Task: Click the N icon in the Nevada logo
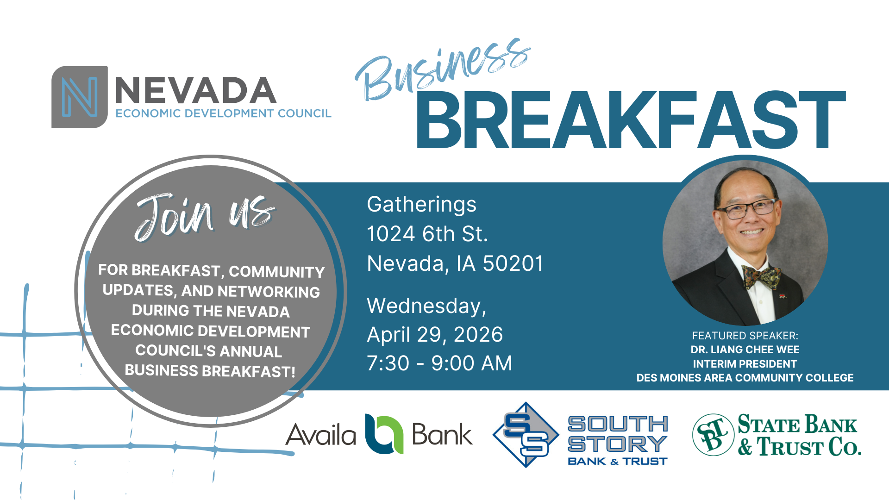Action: click(x=80, y=97)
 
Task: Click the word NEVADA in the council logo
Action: click(x=195, y=91)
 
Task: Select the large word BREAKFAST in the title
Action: click(x=631, y=120)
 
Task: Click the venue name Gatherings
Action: click(x=421, y=205)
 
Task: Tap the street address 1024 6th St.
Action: click(x=427, y=234)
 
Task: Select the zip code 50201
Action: click(x=513, y=263)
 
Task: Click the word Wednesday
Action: click(x=426, y=306)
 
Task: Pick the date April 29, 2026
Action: click(x=435, y=335)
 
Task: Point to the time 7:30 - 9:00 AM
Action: click(x=439, y=363)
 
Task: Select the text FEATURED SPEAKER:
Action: click(x=745, y=336)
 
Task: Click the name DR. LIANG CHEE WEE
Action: click(x=745, y=350)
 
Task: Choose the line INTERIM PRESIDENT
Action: click(x=745, y=364)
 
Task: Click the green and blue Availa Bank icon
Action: click(x=384, y=434)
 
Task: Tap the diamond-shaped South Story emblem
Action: click(x=526, y=435)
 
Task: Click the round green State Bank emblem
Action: click(x=713, y=435)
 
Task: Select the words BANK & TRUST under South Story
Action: click(x=617, y=461)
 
